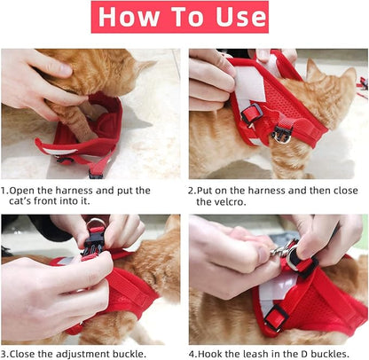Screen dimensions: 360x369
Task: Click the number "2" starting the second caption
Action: [192, 190]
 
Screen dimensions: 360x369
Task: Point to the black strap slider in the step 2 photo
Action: [253, 113]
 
